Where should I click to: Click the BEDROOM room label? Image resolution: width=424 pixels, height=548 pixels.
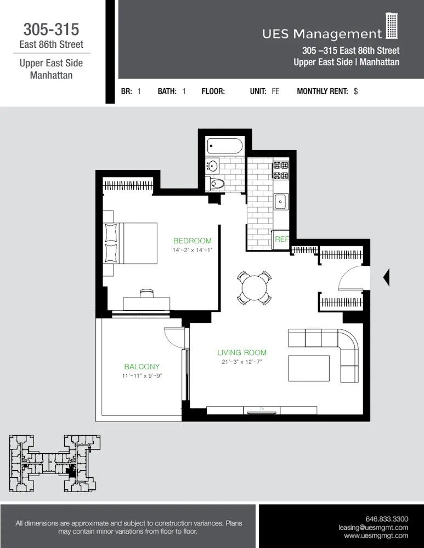(192, 241)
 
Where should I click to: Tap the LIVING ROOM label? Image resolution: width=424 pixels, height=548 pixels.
(241, 352)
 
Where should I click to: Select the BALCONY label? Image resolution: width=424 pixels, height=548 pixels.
(142, 367)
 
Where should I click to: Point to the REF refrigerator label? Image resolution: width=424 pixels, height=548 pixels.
(281, 239)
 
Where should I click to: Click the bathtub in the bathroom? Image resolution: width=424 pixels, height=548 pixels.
(224, 146)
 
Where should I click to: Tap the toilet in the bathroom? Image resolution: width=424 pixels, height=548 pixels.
(217, 184)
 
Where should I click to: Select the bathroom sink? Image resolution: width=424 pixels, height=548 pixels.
(212, 165)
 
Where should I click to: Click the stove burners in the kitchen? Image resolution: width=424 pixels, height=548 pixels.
(281, 170)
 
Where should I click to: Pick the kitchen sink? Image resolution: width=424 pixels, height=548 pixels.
(281, 202)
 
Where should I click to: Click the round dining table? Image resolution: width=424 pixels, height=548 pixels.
(254, 288)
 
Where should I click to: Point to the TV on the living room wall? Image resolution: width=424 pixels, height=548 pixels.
(262, 409)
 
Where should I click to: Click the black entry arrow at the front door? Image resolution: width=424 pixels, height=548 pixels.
(386, 277)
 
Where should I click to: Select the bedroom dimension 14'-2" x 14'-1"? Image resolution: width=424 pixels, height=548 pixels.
(192, 250)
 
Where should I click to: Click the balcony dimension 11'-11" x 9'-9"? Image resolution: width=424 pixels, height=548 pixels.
(142, 376)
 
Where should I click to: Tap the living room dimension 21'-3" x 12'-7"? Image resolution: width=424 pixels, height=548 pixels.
(242, 362)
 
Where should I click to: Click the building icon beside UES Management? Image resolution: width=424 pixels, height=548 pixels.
(391, 27)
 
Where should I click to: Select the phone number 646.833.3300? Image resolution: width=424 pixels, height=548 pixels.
(387, 518)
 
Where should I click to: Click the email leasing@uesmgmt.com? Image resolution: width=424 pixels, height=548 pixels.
(373, 527)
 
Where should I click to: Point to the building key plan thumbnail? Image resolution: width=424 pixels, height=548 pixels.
(54, 463)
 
